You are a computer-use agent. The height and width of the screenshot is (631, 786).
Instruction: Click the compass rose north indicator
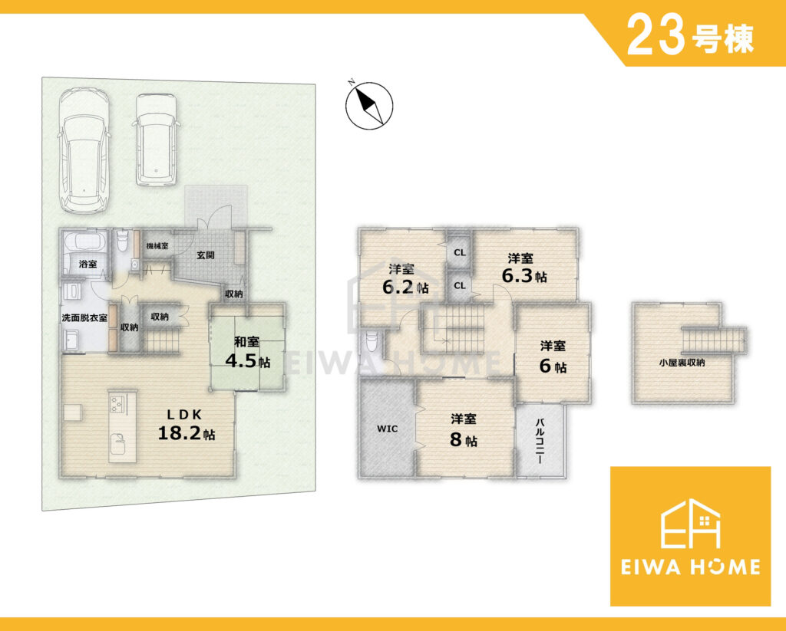[369, 106]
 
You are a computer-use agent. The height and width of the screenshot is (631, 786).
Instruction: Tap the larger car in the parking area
[84, 151]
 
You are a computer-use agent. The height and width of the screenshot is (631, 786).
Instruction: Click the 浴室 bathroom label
[88, 264]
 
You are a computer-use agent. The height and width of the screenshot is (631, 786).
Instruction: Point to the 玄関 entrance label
[206, 255]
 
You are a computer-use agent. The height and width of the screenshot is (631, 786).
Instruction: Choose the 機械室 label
[157, 246]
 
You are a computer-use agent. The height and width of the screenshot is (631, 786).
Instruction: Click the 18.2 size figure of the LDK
[180, 433]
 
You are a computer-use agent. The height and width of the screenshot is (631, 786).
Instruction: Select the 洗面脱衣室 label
[84, 317]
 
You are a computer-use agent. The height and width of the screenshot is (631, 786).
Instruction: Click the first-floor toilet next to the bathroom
[121, 242]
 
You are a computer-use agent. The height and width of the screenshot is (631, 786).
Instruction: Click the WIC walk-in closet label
[388, 429]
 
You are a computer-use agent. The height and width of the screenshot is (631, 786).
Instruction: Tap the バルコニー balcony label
[540, 441]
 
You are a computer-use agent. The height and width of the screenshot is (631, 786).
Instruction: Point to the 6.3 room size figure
[517, 275]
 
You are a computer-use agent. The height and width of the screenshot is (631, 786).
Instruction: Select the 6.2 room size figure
[398, 287]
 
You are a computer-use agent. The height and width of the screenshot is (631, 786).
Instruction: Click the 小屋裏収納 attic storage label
[682, 362]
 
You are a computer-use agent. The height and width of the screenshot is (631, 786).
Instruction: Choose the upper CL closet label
[460, 252]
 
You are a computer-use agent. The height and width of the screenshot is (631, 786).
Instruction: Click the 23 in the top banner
[656, 35]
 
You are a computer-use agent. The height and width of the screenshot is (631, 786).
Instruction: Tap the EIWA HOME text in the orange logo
[690, 567]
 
